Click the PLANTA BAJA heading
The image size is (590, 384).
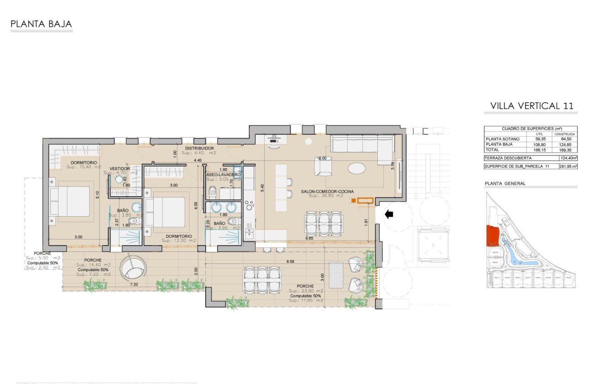click(x=41, y=24)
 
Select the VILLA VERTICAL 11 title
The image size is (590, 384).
click(x=531, y=106)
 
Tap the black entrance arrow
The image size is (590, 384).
click(x=389, y=214)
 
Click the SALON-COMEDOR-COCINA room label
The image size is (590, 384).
click(x=327, y=192)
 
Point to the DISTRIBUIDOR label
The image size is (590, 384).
click(x=199, y=149)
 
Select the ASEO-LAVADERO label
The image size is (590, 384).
click(x=223, y=175)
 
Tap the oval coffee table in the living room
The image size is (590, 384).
click(x=357, y=168)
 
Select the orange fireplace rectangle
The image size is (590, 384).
click(x=365, y=200)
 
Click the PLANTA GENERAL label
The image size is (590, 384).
click(x=505, y=183)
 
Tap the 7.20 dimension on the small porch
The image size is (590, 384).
click(x=134, y=284)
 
